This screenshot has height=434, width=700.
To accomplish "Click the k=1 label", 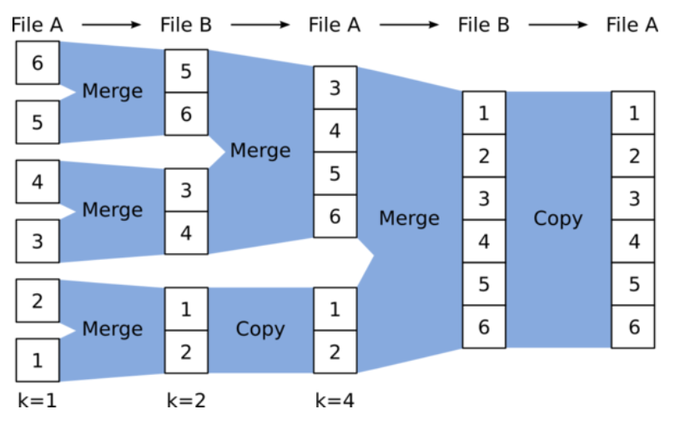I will (x=37, y=400).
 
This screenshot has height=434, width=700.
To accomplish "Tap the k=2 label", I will (x=185, y=400).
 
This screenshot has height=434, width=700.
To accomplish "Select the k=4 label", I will (x=335, y=400).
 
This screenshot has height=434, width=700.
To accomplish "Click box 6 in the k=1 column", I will (x=38, y=62).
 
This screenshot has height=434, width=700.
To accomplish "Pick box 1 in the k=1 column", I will (x=38, y=360).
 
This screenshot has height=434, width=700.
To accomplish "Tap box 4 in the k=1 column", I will (x=38, y=182).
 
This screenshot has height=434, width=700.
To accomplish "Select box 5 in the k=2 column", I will (x=186, y=72).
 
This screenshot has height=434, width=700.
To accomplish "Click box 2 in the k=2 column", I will (x=186, y=352).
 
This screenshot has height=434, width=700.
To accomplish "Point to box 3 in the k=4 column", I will (x=335, y=88).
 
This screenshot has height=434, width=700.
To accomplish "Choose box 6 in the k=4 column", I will (x=335, y=216).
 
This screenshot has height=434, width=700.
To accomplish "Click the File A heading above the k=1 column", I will (x=37, y=25).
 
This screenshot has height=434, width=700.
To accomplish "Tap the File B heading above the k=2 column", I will (x=186, y=25).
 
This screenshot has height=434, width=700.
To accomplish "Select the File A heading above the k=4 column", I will (x=335, y=25).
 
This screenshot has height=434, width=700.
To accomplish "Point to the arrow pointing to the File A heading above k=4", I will (x=260, y=25).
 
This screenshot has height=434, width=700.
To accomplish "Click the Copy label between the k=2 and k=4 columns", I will (x=260, y=329).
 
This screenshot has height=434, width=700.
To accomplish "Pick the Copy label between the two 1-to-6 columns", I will (x=558, y=219).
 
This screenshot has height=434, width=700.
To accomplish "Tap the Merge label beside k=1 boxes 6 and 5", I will (x=113, y=91).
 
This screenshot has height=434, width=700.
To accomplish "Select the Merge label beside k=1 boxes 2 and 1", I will (x=113, y=329).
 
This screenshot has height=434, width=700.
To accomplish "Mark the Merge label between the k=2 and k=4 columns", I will (x=260, y=151).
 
